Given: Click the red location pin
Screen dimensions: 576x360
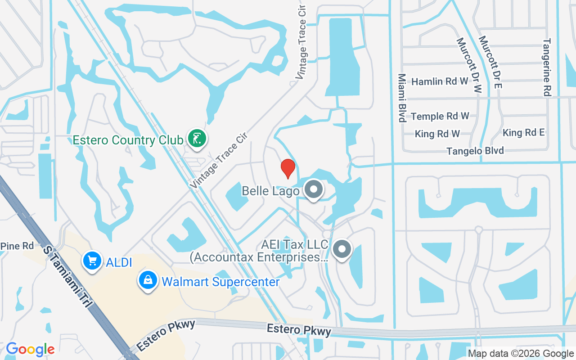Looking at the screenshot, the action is (288, 168).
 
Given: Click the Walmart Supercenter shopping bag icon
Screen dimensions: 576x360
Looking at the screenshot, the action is (148, 281).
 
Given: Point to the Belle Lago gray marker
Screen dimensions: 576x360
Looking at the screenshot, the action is (314, 190).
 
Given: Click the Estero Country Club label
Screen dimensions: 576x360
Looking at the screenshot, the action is (128, 140).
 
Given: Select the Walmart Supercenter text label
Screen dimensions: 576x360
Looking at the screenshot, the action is (220, 282).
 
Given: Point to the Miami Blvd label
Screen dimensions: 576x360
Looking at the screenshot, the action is (401, 98).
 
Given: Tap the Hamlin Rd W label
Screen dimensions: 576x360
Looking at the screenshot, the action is (440, 81).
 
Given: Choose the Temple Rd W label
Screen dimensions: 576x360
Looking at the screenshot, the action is (440, 116).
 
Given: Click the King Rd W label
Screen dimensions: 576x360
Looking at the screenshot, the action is (437, 134).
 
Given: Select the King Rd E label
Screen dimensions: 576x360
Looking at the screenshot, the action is (523, 132).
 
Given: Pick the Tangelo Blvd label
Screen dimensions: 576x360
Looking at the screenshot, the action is (475, 151).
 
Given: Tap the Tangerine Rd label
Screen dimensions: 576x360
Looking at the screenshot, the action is (547, 67).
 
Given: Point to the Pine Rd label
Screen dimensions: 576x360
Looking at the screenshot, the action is (17, 246).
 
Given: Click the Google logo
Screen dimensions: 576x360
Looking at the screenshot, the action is (30, 349).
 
